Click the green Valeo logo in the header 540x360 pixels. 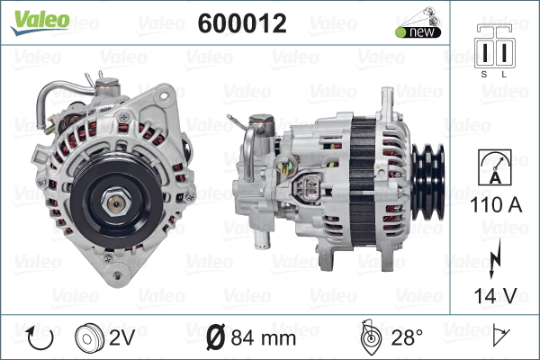[x=40, y=22]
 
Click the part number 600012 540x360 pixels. [x=242, y=23]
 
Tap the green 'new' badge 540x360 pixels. [x=418, y=32]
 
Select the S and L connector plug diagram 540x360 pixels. [x=494, y=47]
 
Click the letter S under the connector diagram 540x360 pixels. [x=484, y=74]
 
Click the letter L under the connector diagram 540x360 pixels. [x=504, y=74]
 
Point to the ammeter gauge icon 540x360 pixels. [x=495, y=167]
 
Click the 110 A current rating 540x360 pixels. [x=496, y=204]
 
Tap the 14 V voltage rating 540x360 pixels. [x=495, y=295]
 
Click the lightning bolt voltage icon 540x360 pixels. [x=494, y=258]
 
